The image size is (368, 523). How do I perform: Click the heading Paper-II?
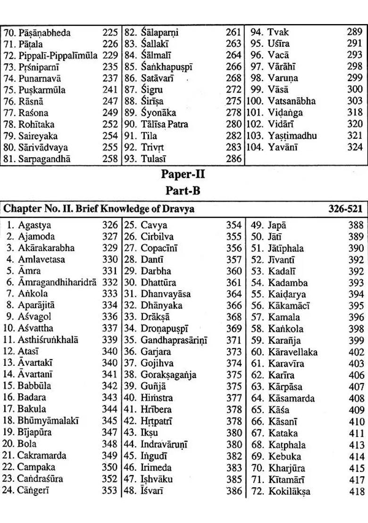click(x=183, y=174)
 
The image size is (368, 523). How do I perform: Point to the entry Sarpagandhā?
click(x=44, y=159)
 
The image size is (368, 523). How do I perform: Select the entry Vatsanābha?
click(x=292, y=101)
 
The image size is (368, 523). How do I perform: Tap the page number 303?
click(x=355, y=101)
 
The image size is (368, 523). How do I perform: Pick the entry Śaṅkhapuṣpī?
click(x=167, y=67)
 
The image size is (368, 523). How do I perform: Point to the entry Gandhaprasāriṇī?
click(x=174, y=340)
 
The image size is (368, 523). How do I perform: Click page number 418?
click(x=357, y=491)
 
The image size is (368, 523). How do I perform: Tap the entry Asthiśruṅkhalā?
click(x=48, y=340)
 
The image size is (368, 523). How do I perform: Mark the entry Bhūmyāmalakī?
click(x=48, y=420)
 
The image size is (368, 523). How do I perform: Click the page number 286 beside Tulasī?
click(x=234, y=159)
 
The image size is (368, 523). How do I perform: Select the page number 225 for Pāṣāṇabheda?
click(x=110, y=33)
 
